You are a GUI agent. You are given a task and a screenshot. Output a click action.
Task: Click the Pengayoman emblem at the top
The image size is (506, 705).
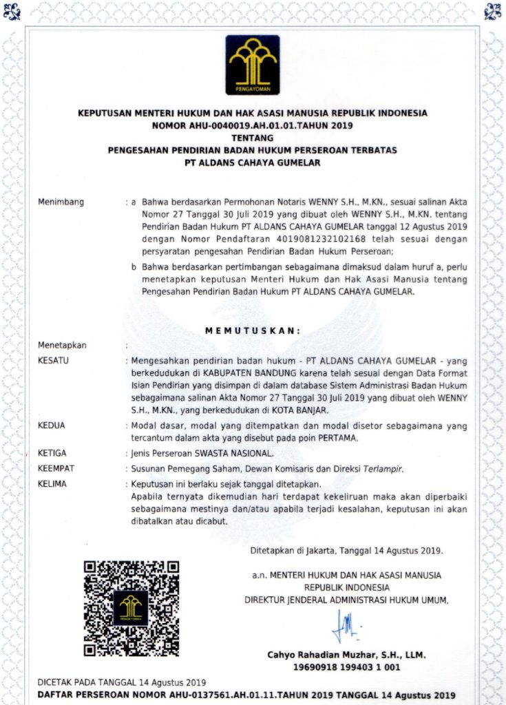pyautogui.click(x=253, y=65)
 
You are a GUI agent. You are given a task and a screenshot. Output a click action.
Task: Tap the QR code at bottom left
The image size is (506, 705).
pyautogui.click(x=131, y=608)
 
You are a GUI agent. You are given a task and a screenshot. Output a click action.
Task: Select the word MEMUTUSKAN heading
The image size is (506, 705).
pyautogui.click(x=253, y=330)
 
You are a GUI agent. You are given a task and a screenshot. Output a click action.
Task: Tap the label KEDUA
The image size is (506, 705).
pyautogui.click(x=52, y=425)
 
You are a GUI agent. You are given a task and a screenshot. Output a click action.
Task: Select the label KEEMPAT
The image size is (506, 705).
pyautogui.click(x=56, y=468)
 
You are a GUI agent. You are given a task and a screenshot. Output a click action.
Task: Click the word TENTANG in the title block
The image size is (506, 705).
pyautogui.click(x=253, y=138)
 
